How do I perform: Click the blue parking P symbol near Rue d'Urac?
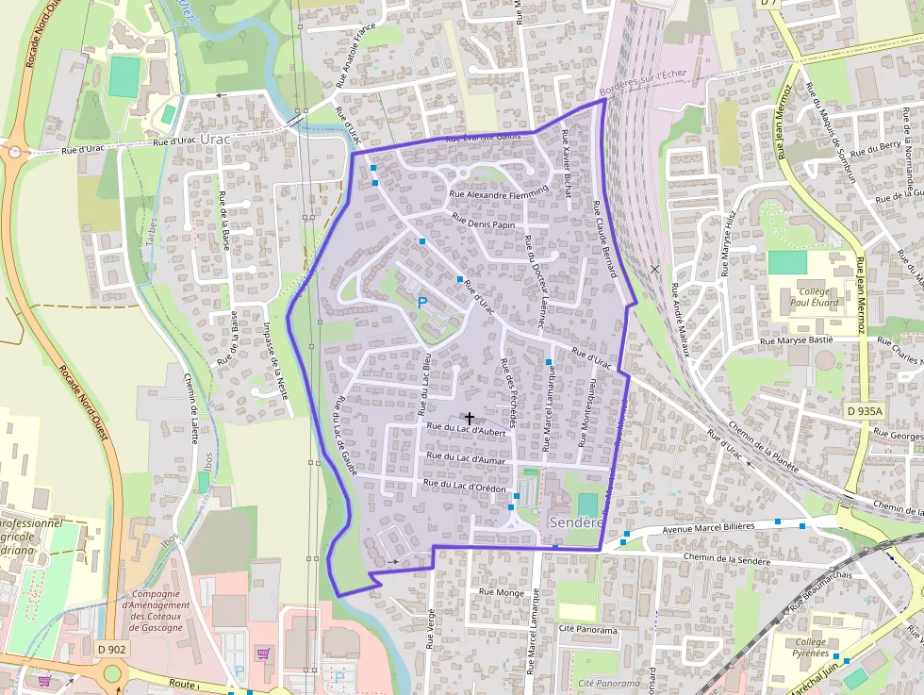click(x=422, y=303)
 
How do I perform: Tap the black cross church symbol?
click(x=469, y=417)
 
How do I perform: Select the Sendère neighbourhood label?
click(x=575, y=522)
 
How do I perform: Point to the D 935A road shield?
click(x=864, y=411)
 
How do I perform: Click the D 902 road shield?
click(x=111, y=649)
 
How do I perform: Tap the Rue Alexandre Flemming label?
click(x=499, y=192)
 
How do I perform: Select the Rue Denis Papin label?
click(x=484, y=221)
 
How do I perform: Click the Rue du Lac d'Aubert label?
click(x=467, y=429)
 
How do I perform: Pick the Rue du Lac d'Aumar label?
click(x=467, y=457)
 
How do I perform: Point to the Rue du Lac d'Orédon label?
click(x=467, y=485)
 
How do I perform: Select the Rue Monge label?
click(x=502, y=592)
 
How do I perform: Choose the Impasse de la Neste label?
click(x=274, y=357)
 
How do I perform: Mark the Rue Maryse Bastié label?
click(x=797, y=338)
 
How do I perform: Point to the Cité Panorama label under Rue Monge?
click(x=587, y=630)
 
